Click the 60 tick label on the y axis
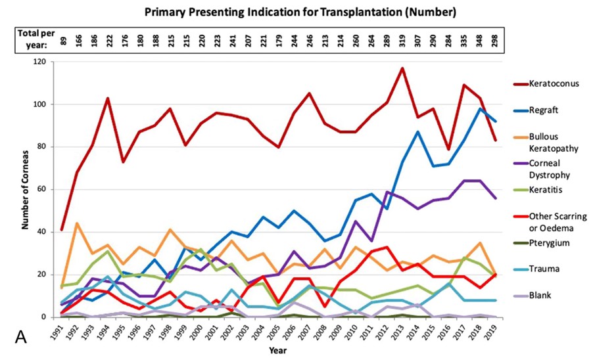[43, 189]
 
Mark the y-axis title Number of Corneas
[25, 190]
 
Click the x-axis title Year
[277, 350]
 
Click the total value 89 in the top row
[63, 39]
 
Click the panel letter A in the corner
[20, 338]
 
